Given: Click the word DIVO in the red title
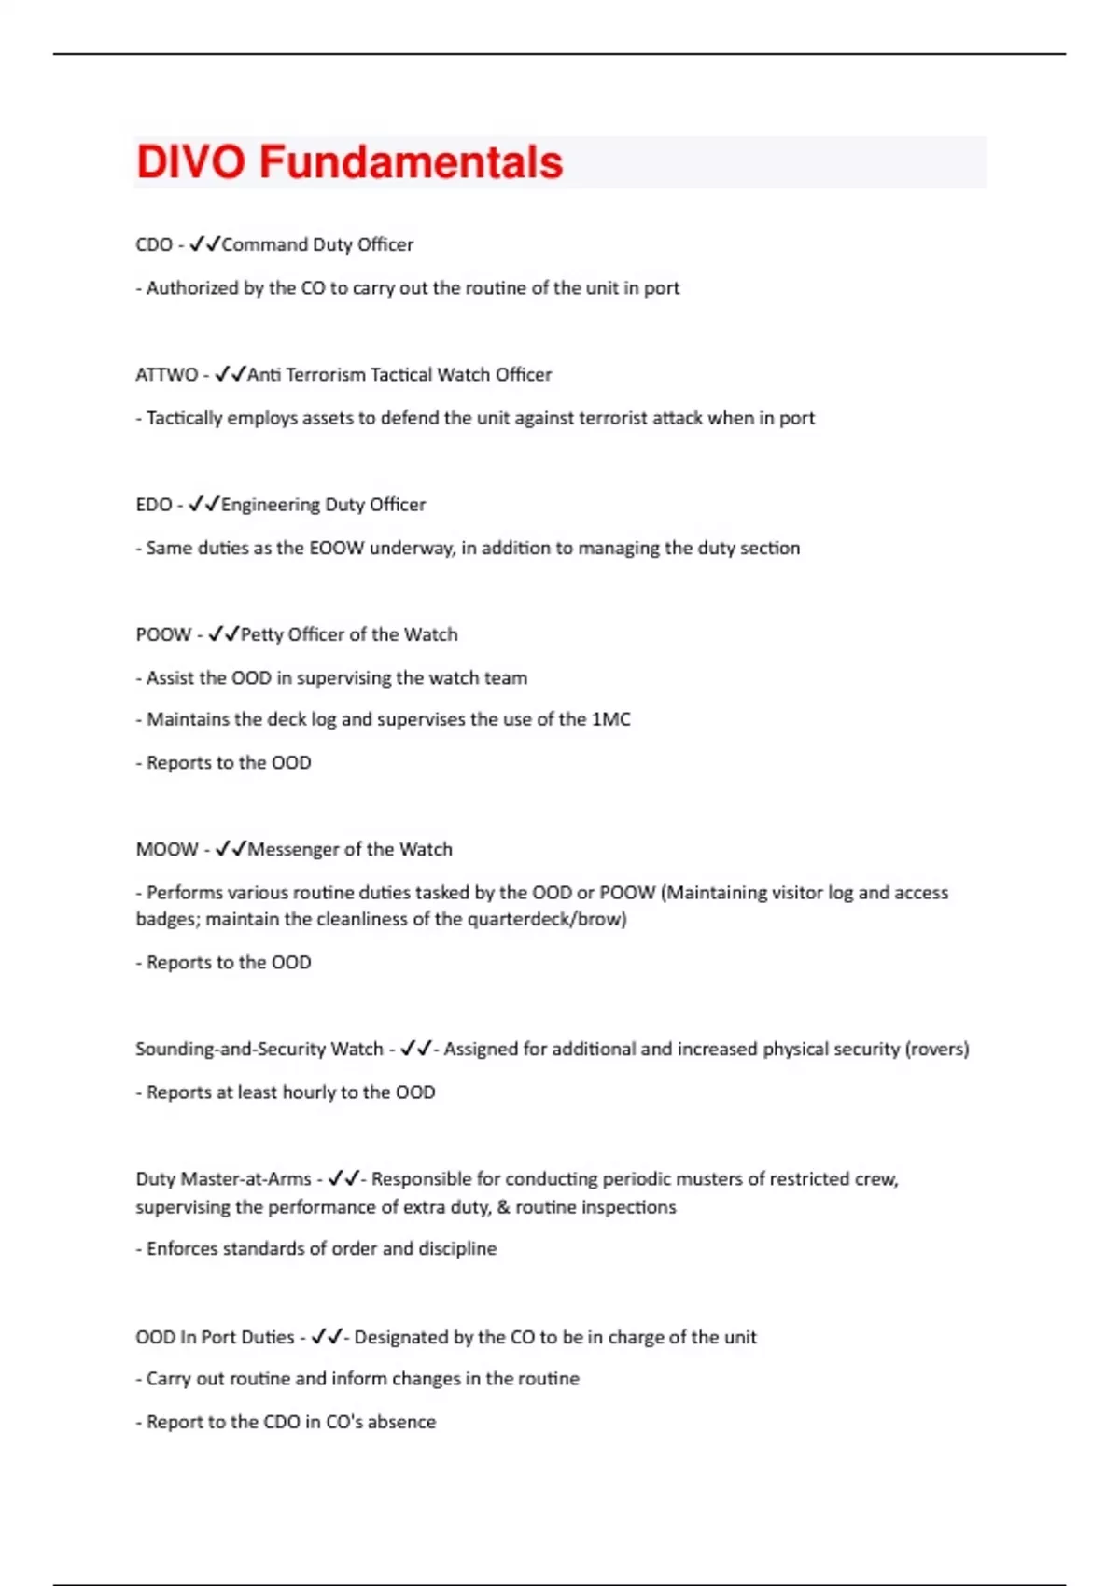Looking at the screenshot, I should click(x=190, y=161).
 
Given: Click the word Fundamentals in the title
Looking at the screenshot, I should click(x=411, y=161).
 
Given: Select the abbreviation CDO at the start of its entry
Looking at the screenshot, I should click(x=154, y=244).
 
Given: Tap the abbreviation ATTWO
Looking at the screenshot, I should click(x=166, y=374).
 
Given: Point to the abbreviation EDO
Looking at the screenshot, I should click(x=154, y=505).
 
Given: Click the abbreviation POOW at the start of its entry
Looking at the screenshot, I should click(x=163, y=634).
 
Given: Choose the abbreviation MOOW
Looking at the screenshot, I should click(x=167, y=849).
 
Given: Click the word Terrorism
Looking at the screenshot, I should click(x=326, y=374).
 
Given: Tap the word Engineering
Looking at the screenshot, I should click(x=271, y=505).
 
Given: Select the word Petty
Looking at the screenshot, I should click(x=262, y=634).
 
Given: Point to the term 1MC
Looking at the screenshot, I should click(x=610, y=719).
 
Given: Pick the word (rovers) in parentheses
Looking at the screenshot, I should click(x=937, y=1049).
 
